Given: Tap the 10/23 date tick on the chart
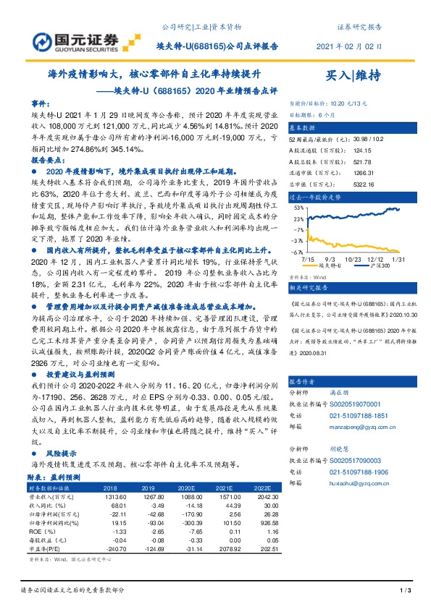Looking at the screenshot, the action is pyautogui.click(x=353, y=257).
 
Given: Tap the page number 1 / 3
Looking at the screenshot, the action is pyautogui.click(x=405, y=591).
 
